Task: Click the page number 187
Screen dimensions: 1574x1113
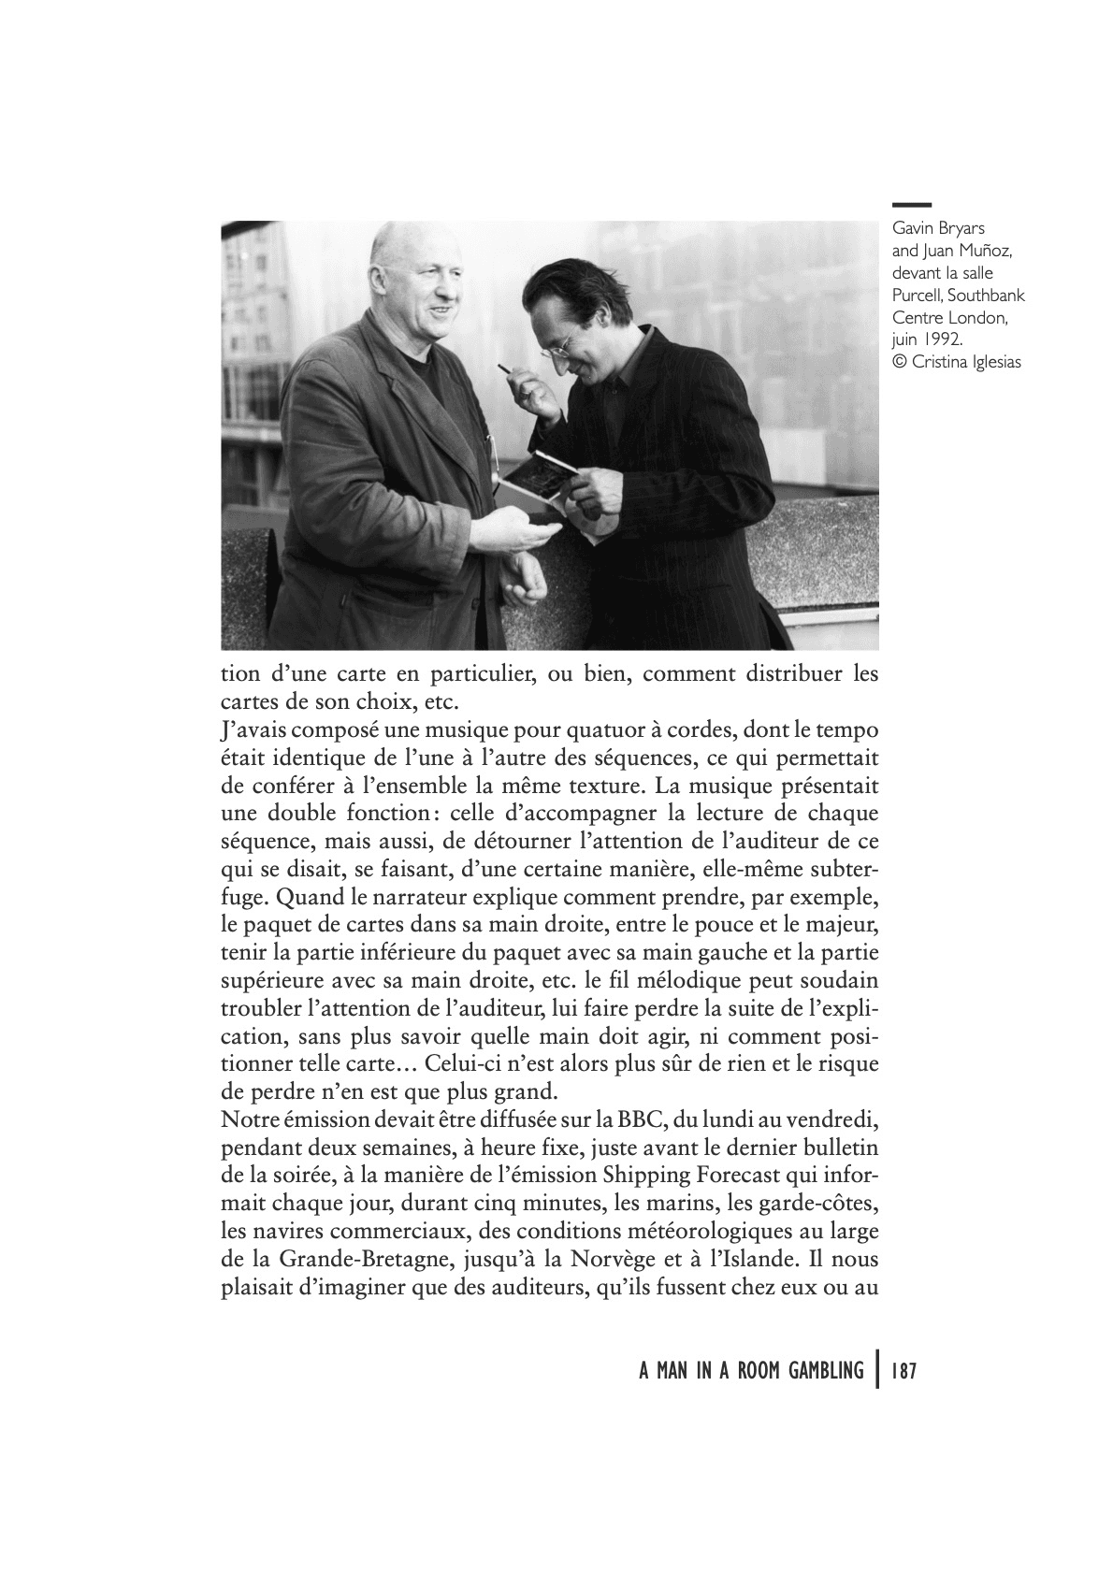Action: click(x=903, y=1371)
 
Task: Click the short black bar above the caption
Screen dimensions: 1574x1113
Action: click(x=911, y=204)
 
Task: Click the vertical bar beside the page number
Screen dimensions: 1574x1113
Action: click(x=876, y=1370)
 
